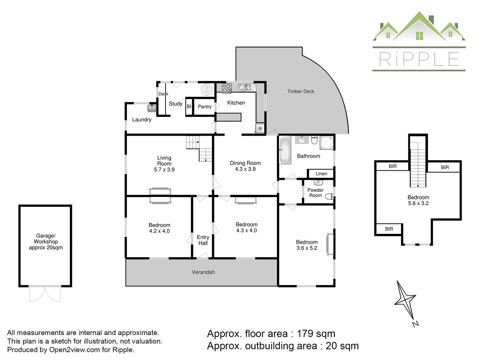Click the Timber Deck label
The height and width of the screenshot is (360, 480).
coord(300,91)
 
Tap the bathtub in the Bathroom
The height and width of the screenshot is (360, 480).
coord(285,150)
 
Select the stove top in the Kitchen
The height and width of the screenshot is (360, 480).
coord(227,88)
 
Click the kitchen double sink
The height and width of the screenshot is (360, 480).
coord(245,87)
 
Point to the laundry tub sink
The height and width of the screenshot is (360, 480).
coord(152,108)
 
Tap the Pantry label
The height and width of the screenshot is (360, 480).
coord(205,107)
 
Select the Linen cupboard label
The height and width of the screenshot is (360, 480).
coord(321,174)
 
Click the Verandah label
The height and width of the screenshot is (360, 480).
coord(203,272)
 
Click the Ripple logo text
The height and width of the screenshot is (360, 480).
coord(419,59)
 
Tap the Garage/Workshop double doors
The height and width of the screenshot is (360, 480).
coord(45,294)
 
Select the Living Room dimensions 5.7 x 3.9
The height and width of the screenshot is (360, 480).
coord(164,169)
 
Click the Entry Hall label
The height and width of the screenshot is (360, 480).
coord(203,240)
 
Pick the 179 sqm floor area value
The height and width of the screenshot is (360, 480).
coord(316,334)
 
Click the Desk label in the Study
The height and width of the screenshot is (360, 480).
coord(163,94)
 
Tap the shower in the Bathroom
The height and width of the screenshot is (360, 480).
coord(326,143)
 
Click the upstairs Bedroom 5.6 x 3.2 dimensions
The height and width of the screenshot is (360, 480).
coord(418,203)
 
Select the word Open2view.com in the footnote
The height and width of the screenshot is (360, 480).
coord(74,350)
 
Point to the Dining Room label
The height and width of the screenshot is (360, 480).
coord(245,163)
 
